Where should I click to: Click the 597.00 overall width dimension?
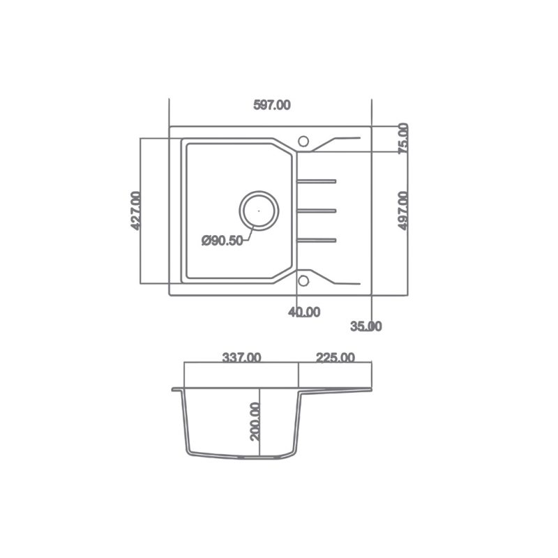tap(271, 105)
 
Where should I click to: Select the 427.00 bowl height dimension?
tap(136, 211)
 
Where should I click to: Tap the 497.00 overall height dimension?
tap(403, 211)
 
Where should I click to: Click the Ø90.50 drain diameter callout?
tap(222, 241)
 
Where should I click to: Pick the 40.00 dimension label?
tap(304, 312)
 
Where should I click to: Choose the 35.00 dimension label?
tap(365, 326)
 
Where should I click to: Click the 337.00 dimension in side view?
tap(241, 358)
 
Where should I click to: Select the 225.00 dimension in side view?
tap(335, 358)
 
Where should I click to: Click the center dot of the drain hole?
tap(259, 209)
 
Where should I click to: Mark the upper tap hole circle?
tap(303, 141)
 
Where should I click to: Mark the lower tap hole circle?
tap(303, 280)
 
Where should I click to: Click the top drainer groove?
tap(317, 182)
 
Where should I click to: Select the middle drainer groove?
tap(317, 210)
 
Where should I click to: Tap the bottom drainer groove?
tap(317, 241)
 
